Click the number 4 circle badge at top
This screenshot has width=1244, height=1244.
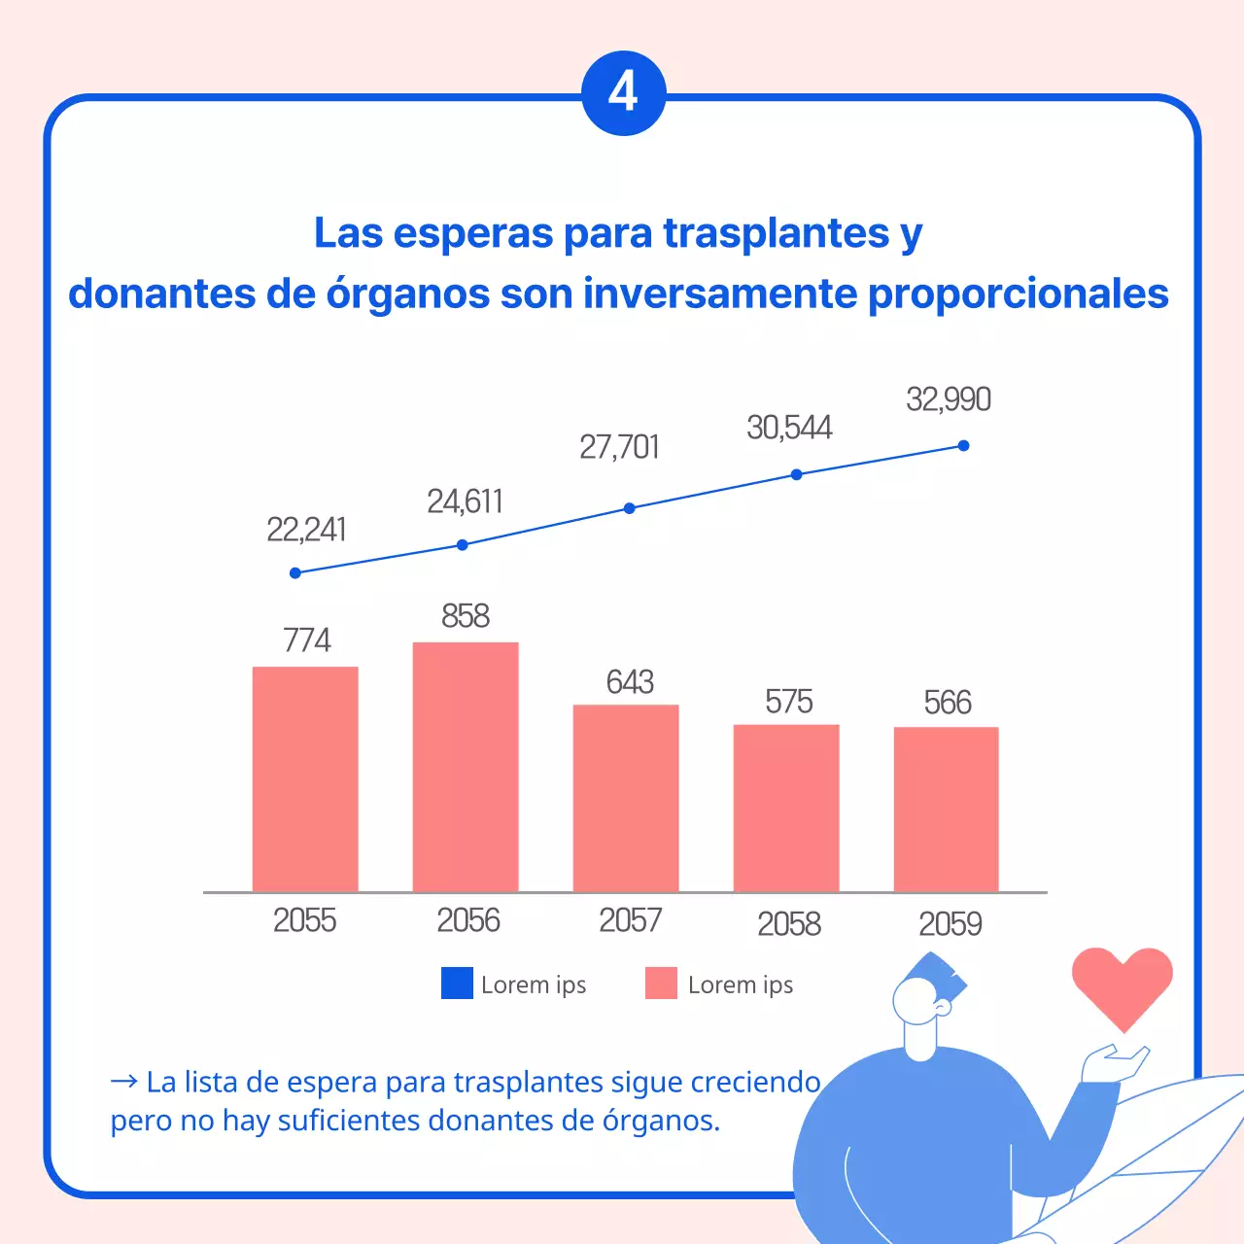pos(623,93)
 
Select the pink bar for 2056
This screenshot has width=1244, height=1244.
pos(466,767)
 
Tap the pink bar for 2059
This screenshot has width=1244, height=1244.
pos(946,809)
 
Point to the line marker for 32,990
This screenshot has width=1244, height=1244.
pos(963,446)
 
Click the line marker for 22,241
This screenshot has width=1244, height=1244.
pos(295,573)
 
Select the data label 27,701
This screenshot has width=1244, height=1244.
pos(619,447)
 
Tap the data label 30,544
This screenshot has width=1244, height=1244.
pos(789,428)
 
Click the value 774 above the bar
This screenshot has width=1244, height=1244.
pos(306,640)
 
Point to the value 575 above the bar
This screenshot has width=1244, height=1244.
pos(788,702)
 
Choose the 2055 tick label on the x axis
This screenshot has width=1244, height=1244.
pos(304,920)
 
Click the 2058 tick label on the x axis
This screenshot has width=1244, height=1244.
pos(788,923)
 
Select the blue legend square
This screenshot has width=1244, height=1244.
pos(457,984)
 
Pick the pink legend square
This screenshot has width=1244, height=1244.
pos(661,984)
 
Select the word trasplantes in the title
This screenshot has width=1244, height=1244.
pos(776,233)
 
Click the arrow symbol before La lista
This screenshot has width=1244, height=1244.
pos(123,1082)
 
